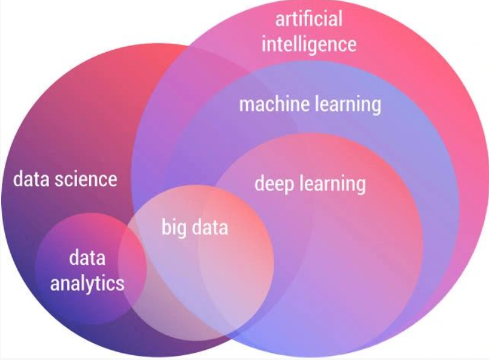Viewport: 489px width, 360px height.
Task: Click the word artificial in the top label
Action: pyautogui.click(x=309, y=19)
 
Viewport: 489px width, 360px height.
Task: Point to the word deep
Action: pyautogui.click(x=274, y=184)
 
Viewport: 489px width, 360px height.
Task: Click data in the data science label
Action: pyautogui.click(x=31, y=179)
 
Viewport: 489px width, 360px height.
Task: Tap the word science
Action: pyautogui.click(x=86, y=179)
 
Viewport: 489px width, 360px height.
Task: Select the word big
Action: pyautogui.click(x=174, y=227)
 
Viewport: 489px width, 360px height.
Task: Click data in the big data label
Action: pyautogui.click(x=210, y=227)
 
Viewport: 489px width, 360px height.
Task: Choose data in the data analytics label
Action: pyautogui.click(x=87, y=258)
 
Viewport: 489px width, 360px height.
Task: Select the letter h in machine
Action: pyautogui.click(x=281, y=104)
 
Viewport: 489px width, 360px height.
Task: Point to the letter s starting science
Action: pyautogui.click(x=59, y=182)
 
